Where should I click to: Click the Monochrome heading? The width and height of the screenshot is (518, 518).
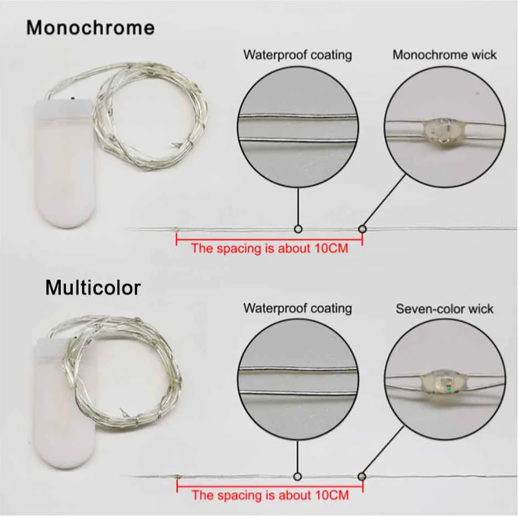click(x=90, y=28)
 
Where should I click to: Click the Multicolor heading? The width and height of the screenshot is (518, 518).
click(x=92, y=287)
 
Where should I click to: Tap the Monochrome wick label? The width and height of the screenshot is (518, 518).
click(x=444, y=55)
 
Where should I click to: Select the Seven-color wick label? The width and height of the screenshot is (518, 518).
click(x=444, y=309)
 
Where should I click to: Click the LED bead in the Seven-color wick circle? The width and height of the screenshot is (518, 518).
click(x=444, y=383)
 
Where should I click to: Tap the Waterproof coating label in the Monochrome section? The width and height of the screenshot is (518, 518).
click(x=298, y=55)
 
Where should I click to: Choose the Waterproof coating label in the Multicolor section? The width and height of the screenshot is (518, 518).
click(x=298, y=308)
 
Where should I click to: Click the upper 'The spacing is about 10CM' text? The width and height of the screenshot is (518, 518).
click(x=269, y=248)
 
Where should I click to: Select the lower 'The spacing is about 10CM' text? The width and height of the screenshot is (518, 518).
click(x=270, y=496)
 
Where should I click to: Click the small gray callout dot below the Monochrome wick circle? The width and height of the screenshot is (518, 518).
click(x=362, y=228)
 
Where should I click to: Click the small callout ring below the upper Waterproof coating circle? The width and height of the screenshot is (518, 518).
click(x=298, y=228)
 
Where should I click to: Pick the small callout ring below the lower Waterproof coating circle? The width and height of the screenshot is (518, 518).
click(x=298, y=475)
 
